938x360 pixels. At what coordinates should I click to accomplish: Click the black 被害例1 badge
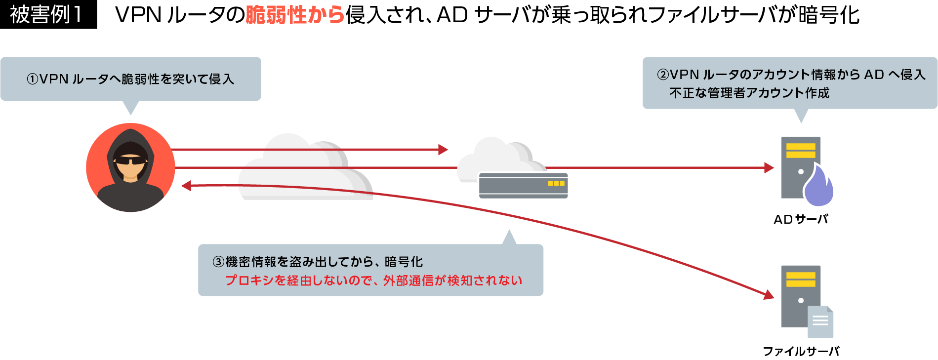[x=48, y=15]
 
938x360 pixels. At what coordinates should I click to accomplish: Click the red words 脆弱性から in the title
[x=295, y=15]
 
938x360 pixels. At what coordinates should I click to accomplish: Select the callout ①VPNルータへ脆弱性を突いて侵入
[x=130, y=79]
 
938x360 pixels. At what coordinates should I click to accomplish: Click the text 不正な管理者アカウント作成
[x=749, y=93]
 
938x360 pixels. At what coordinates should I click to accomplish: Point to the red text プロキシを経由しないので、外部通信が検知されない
[x=373, y=280]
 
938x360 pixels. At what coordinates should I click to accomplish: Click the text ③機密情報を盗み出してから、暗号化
[x=318, y=262]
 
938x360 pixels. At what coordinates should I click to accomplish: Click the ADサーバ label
[x=801, y=219]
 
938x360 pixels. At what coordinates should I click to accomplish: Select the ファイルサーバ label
[x=801, y=351]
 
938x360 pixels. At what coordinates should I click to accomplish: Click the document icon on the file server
[x=820, y=321]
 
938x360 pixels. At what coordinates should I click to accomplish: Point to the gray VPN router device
[x=523, y=185]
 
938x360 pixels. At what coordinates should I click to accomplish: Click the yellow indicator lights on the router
[x=556, y=183]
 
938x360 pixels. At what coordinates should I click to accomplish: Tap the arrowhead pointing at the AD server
[x=769, y=168]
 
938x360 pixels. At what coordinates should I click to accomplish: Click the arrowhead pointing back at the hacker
[x=186, y=186]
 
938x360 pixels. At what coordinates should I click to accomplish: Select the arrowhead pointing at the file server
[x=769, y=295]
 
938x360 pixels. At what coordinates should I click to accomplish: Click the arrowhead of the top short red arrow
[x=443, y=149]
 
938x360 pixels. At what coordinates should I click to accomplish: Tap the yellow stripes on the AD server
[x=801, y=151]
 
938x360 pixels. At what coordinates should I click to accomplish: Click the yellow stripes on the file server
[x=801, y=280]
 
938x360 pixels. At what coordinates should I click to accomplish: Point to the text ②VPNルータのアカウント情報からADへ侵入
[x=790, y=75]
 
